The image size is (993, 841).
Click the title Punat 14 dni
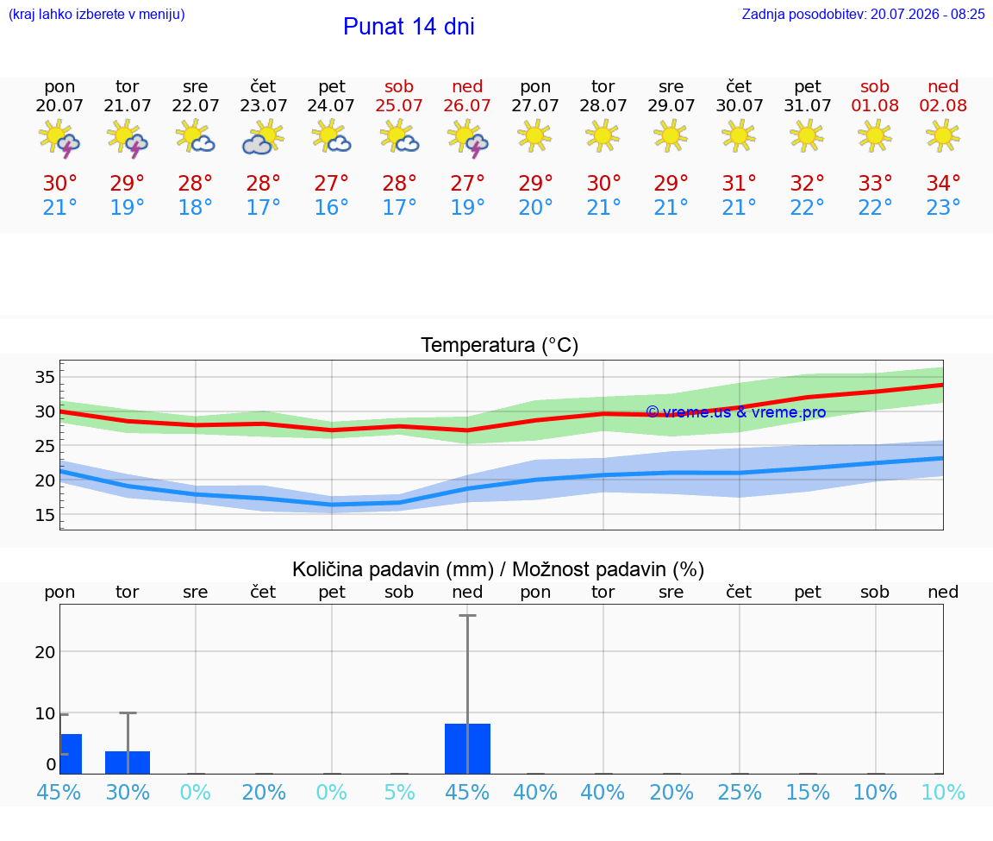click(409, 27)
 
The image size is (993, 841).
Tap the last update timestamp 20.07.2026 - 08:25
click(927, 14)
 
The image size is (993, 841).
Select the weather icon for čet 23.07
click(263, 138)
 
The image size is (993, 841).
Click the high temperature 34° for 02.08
click(943, 183)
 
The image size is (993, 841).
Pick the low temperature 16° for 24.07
click(331, 207)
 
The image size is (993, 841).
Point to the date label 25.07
click(399, 105)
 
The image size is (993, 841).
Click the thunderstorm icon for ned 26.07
click(467, 138)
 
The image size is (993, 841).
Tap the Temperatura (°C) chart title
click(499, 345)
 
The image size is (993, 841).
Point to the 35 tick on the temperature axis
click(45, 377)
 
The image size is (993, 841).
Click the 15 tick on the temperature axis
click(45, 515)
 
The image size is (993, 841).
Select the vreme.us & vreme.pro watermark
click(736, 412)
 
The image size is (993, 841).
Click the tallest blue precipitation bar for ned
click(467, 749)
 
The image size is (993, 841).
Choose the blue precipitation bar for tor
click(128, 763)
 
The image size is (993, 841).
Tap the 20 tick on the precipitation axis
click(45, 652)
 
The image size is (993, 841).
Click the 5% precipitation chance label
click(399, 792)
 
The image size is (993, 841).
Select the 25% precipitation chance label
click(739, 792)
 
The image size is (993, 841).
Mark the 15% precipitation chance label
click(808, 792)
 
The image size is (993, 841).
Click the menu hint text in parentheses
click(97, 14)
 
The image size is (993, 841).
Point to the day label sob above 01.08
click(875, 86)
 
